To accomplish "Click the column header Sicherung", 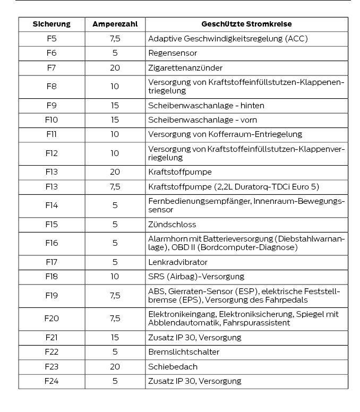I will [x=52, y=24].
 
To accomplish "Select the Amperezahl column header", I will [x=115, y=24].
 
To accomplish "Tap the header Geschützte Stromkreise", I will [x=246, y=24].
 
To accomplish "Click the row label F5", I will [x=52, y=39].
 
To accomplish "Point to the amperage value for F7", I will [x=115, y=68].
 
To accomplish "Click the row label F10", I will [x=52, y=120].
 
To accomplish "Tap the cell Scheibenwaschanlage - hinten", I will [x=206, y=106].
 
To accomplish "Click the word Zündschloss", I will [x=172, y=224].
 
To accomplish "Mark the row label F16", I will [x=52, y=243].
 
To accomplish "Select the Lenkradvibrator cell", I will [x=177, y=262].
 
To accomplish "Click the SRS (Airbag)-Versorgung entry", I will [x=196, y=276].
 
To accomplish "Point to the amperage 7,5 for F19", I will [x=115, y=295].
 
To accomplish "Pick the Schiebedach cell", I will [x=173, y=366].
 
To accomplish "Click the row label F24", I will [x=52, y=381].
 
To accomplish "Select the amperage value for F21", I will [x=115, y=337].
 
